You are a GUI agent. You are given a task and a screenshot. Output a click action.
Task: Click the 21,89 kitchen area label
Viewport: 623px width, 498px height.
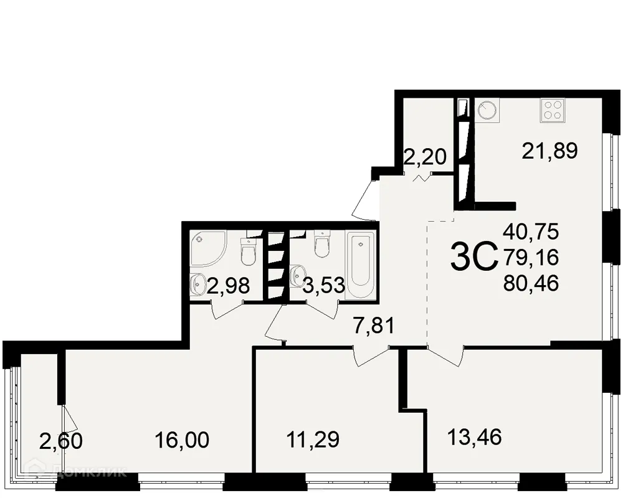coord(551,150)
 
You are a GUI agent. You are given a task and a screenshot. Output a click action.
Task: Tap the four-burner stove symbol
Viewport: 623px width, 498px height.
coord(552,110)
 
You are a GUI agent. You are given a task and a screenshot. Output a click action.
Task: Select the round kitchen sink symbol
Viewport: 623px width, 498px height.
coord(487,111)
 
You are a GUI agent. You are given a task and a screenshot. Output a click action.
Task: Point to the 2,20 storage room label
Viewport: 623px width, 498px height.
coord(425,157)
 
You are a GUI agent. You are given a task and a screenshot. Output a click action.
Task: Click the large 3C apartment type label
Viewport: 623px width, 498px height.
coord(473,256)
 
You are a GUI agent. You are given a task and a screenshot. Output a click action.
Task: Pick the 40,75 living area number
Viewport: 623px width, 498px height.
coord(531,232)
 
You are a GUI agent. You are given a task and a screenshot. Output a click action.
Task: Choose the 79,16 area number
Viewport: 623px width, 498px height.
coord(531,257)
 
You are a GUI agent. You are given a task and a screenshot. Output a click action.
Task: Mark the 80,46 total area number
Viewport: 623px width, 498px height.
coord(531,283)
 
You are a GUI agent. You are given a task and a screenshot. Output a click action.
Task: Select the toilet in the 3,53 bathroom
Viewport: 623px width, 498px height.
coord(321,245)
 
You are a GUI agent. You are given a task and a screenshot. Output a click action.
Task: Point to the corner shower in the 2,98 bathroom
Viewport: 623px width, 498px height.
coord(207,248)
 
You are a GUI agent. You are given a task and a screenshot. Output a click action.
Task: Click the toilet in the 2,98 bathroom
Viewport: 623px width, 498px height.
coord(247,250)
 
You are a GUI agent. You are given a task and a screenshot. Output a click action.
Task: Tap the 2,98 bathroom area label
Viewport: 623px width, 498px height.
coord(229,286)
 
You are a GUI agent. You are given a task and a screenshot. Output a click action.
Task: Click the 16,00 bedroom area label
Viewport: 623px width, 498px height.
coord(182,440)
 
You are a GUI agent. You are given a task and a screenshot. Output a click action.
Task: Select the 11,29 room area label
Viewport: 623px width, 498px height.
coord(313,440)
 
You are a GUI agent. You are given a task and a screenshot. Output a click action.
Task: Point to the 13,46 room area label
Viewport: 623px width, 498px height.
coord(475,436)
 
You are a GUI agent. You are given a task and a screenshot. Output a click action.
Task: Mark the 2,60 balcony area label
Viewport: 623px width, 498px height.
coord(60,441)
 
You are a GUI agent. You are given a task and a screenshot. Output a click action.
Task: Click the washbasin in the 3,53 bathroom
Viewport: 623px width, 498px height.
coord(298,273)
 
